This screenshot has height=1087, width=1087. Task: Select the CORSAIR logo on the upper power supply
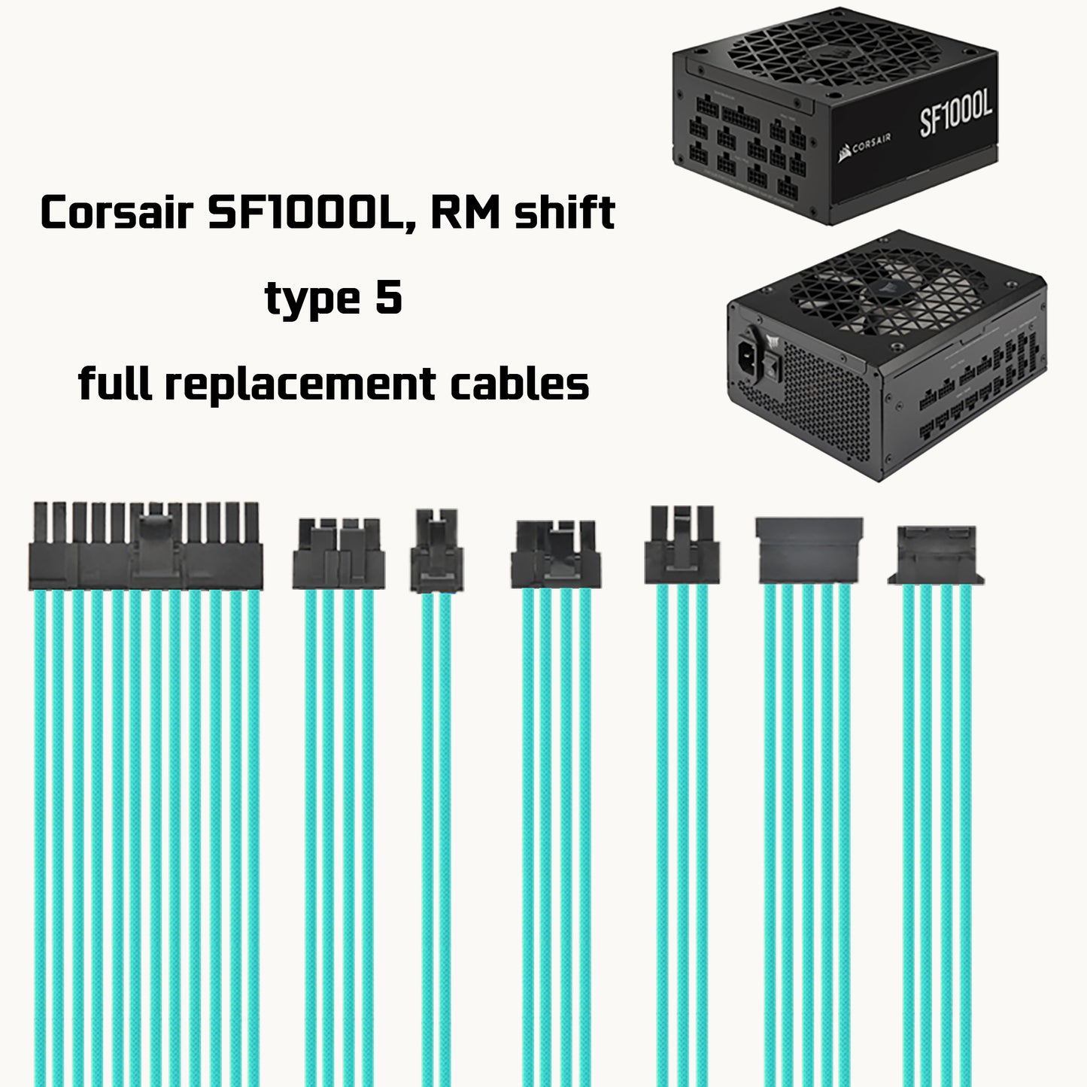tap(865, 150)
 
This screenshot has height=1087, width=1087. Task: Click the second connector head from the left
tap(339, 554)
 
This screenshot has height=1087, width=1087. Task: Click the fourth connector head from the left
tap(557, 555)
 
